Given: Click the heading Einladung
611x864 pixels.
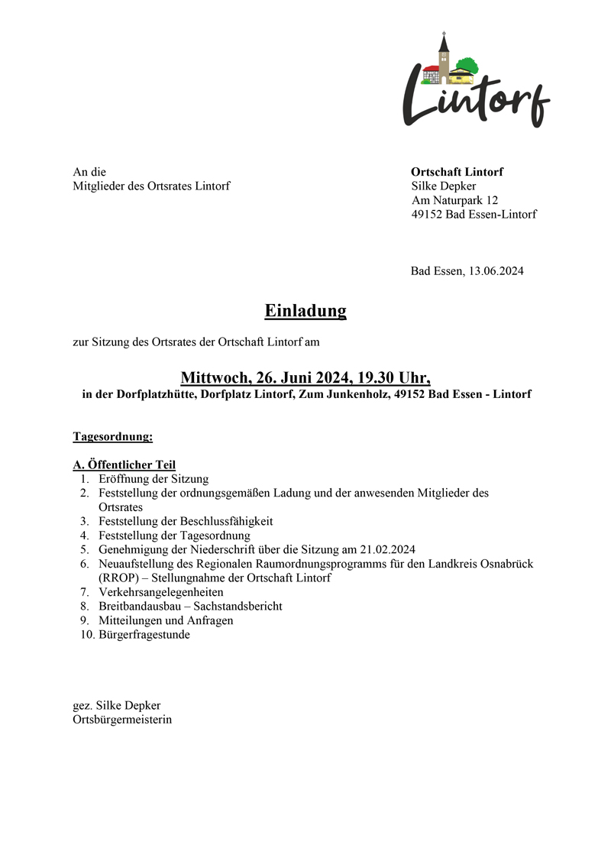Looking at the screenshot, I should click(x=305, y=311).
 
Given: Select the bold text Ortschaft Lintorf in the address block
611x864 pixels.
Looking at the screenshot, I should click(x=457, y=172).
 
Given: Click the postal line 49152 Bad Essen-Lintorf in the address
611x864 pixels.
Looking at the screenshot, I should click(x=474, y=214).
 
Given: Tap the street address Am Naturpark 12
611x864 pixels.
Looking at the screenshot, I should click(x=454, y=200).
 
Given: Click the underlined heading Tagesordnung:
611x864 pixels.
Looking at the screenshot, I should click(x=113, y=437).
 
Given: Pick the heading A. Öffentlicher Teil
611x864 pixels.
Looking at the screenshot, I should click(x=124, y=464).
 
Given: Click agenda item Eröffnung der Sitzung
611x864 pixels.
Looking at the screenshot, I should click(x=154, y=479).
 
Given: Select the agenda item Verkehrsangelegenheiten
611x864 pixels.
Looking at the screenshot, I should click(x=161, y=592).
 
